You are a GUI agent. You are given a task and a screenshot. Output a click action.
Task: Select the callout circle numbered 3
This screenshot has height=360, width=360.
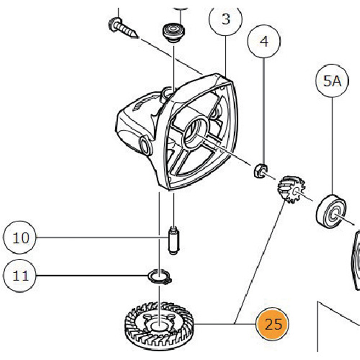pos(226,19)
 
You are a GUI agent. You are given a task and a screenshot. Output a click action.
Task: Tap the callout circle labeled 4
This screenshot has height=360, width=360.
pos(264,42)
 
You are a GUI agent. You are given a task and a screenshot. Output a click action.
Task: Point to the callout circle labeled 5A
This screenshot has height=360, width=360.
pos(333,81)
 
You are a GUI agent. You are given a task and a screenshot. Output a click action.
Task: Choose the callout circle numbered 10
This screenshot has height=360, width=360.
pos(20,237)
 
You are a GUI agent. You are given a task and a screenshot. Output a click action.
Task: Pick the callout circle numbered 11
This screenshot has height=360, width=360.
pos(20,275)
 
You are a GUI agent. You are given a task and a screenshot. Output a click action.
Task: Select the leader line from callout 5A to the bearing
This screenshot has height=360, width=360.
pos(333,144)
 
